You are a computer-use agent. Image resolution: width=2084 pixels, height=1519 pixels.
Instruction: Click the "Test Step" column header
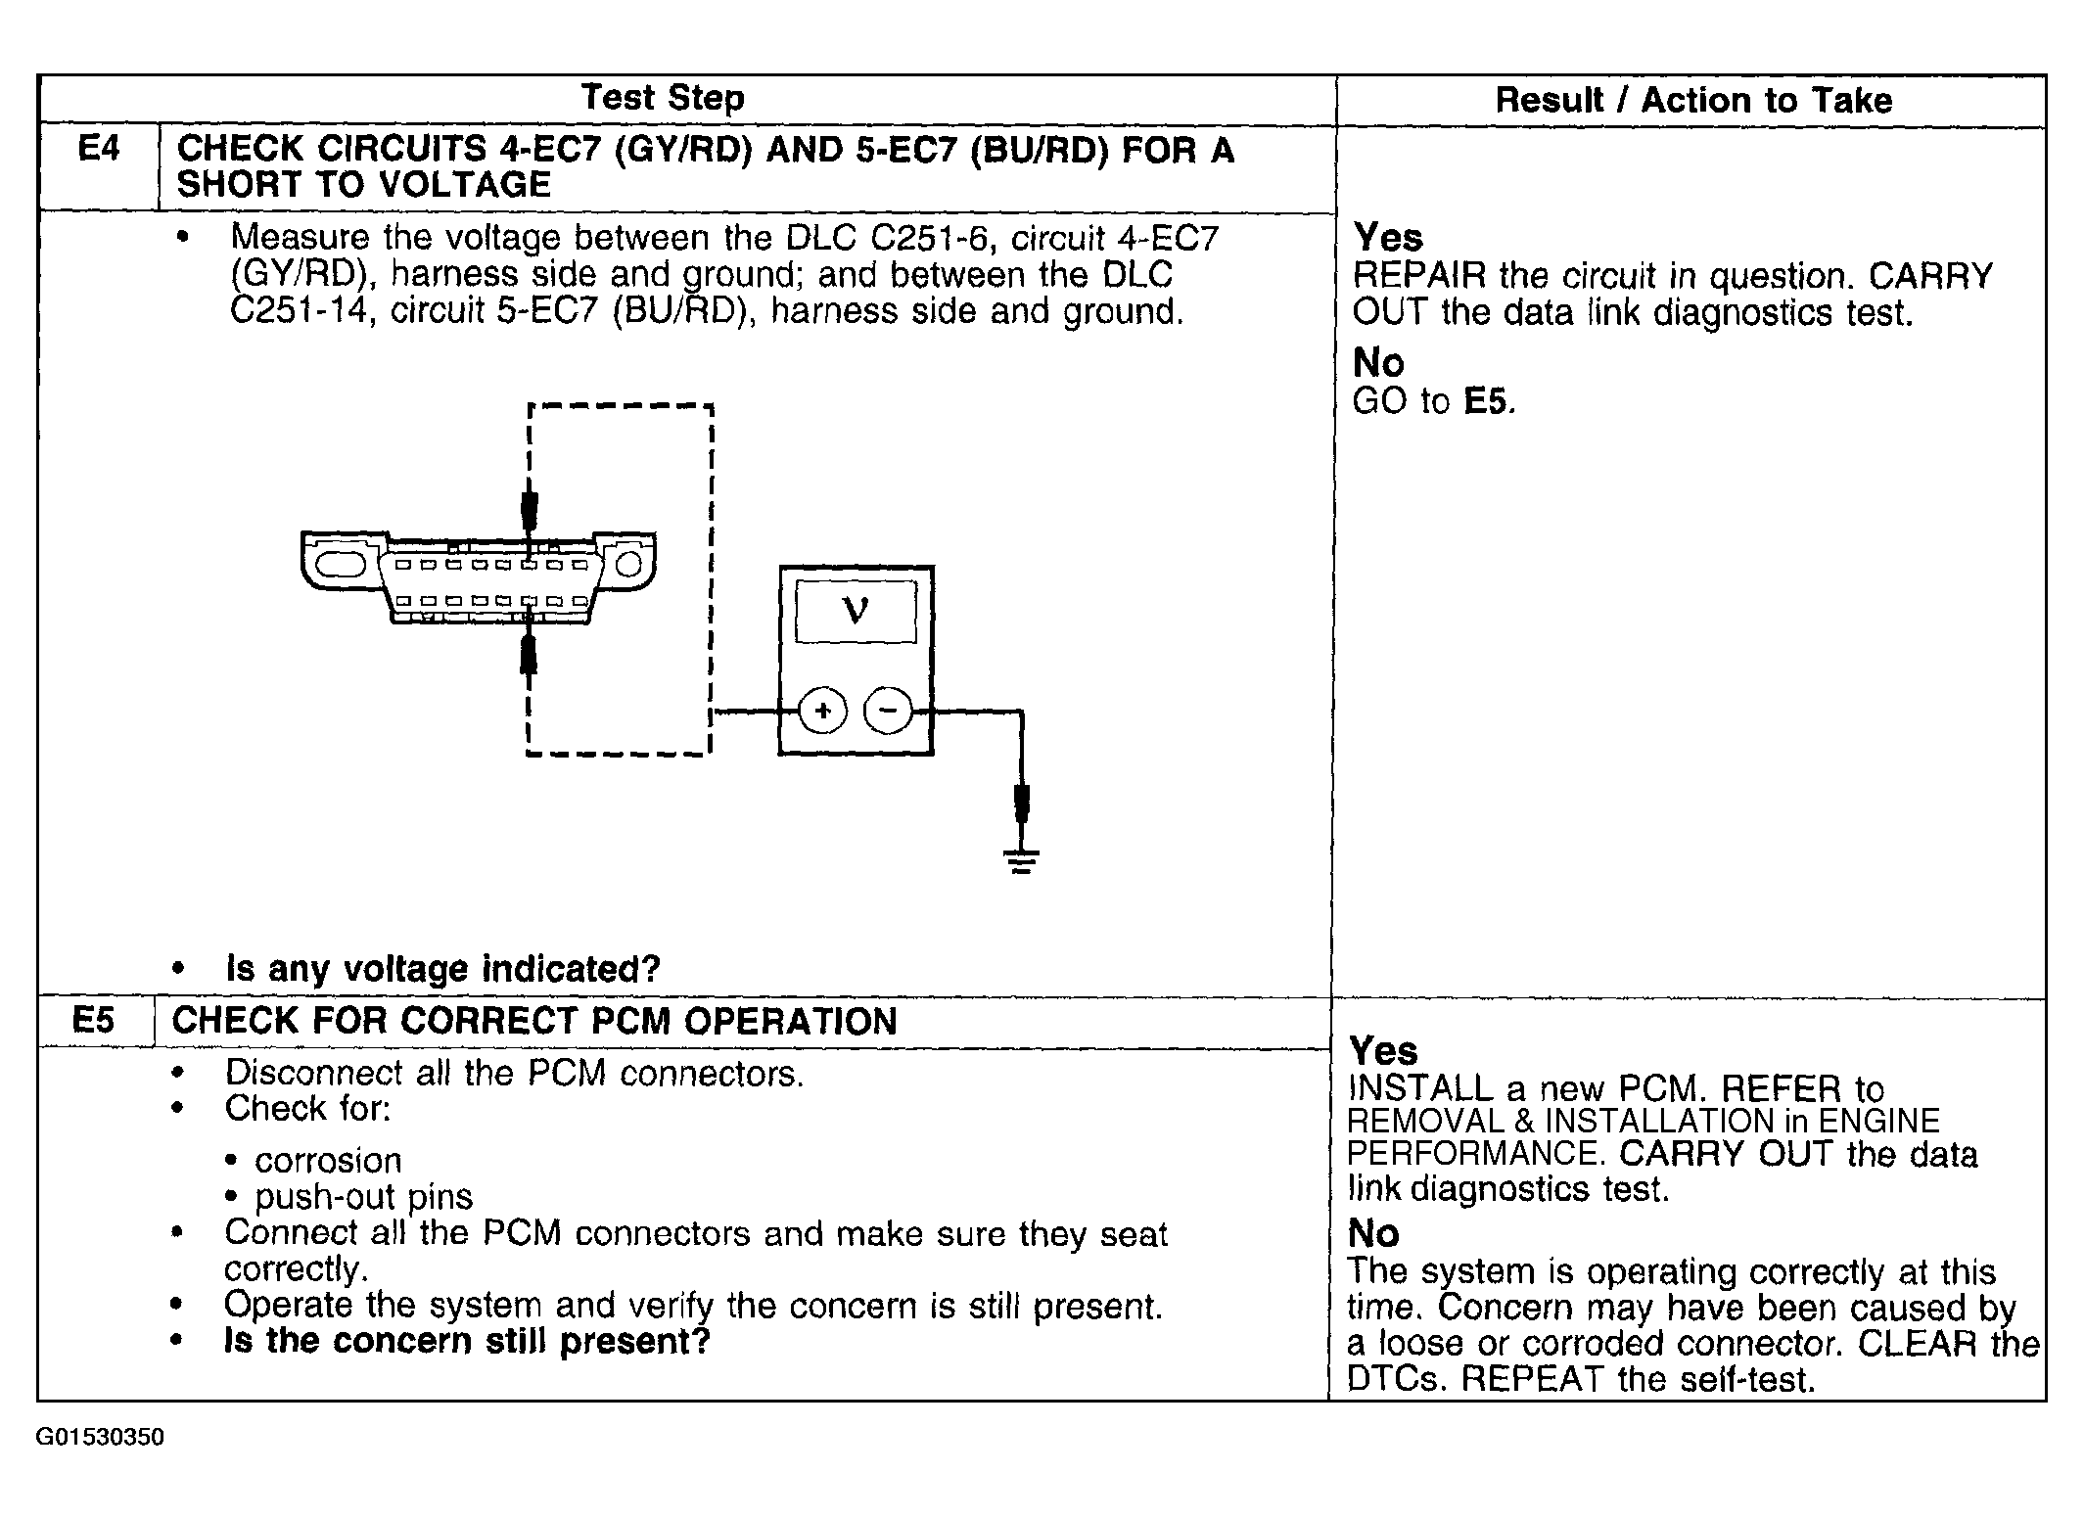click(x=663, y=98)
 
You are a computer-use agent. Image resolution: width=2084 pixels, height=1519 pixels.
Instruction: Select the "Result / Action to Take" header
click(x=1692, y=100)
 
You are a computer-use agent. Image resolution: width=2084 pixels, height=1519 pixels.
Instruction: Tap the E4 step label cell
click(x=98, y=150)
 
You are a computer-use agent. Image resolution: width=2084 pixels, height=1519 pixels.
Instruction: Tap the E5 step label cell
click(x=94, y=1021)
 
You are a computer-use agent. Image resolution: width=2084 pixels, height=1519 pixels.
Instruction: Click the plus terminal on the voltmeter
click(x=823, y=711)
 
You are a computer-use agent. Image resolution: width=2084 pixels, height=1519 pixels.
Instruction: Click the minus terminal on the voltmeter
click(x=888, y=711)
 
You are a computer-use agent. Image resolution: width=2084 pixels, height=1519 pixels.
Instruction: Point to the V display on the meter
click(x=856, y=611)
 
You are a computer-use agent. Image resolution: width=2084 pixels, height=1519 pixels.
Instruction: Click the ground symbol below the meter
click(x=1021, y=861)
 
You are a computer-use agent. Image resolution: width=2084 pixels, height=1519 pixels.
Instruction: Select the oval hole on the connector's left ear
click(x=339, y=565)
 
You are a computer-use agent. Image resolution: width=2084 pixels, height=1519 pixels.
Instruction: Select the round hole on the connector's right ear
click(x=628, y=565)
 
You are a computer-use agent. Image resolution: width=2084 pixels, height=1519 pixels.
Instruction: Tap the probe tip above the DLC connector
click(x=530, y=508)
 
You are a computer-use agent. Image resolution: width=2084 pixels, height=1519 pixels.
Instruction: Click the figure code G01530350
click(x=100, y=1437)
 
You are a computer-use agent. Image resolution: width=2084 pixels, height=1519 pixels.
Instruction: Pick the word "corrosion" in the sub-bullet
click(x=328, y=1160)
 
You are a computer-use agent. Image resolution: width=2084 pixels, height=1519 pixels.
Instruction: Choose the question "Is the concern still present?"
click(x=467, y=1340)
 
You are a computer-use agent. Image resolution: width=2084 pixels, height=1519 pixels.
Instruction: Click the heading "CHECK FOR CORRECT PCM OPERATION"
click(x=534, y=1021)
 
